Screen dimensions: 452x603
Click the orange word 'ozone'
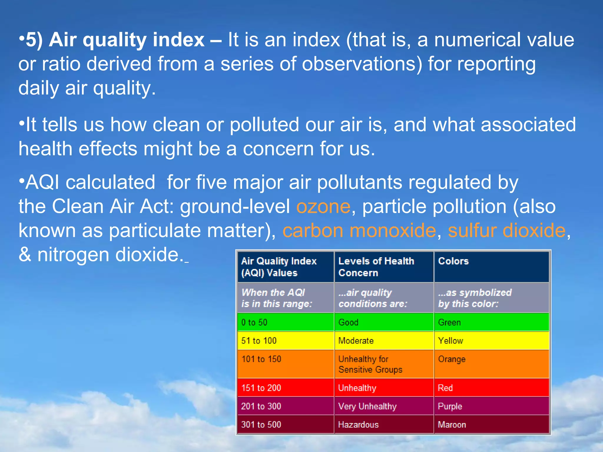tap(323, 207)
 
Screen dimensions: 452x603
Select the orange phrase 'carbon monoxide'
tap(359, 230)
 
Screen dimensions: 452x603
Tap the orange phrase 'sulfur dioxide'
tap(506, 230)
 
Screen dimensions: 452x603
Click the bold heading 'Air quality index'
tap(127, 40)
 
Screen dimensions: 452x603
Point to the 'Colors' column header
tap(453, 261)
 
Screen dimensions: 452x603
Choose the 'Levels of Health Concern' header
tap(376, 267)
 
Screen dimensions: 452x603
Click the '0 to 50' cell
tap(254, 323)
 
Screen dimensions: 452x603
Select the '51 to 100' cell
tap(259, 341)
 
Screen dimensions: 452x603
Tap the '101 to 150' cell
tap(261, 359)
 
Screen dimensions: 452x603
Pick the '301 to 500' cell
tap(261, 425)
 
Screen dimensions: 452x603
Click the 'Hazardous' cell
tap(358, 425)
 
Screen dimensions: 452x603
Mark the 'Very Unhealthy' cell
tap(367, 406)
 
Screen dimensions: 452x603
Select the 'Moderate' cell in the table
tap(356, 341)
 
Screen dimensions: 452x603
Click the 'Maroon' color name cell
tap(452, 425)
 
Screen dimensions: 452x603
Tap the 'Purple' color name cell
tap(450, 406)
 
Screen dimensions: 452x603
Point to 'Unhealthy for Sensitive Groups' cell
tap(370, 364)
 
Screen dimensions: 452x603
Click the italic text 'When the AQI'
tap(273, 293)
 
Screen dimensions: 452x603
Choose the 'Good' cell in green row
tap(348, 323)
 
